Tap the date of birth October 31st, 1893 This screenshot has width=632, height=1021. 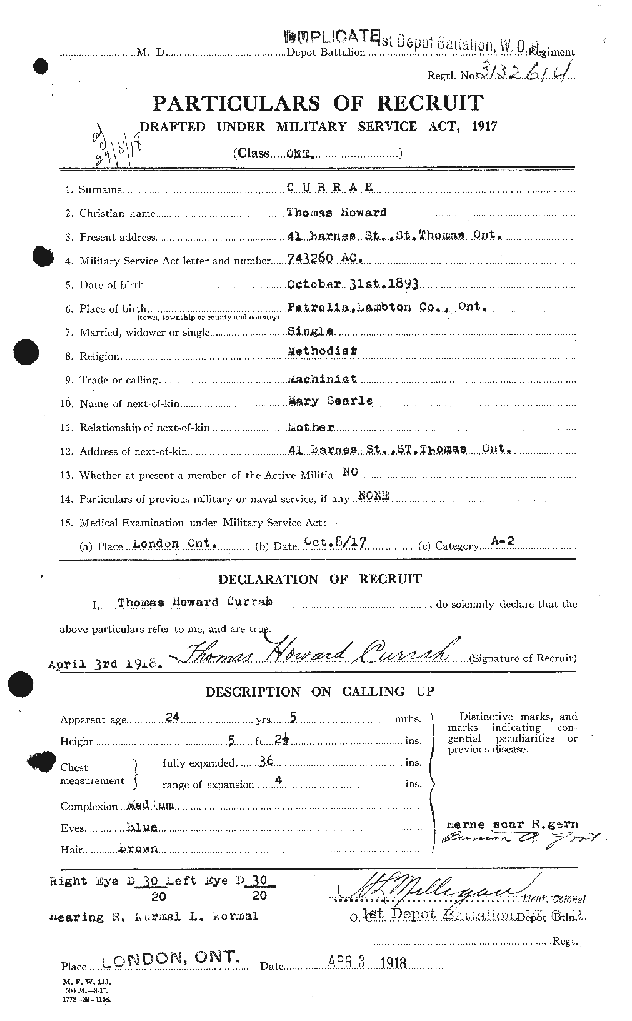click(352, 284)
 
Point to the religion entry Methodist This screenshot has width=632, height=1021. click(321, 351)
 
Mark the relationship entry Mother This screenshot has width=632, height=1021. click(310, 428)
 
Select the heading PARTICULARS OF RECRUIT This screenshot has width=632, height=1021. click(318, 103)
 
